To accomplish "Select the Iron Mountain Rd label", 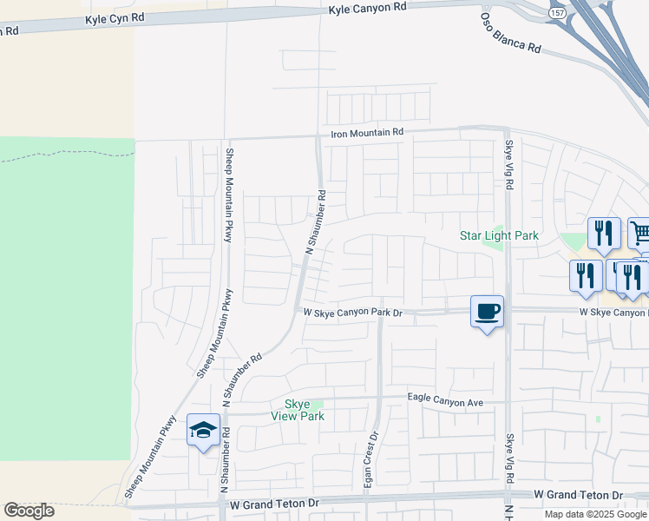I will [x=368, y=132].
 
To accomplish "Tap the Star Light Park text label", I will [x=499, y=235].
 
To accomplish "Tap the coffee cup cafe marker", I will [x=487, y=311].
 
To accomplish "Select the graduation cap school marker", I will [x=203, y=430].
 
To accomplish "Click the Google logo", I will [x=29, y=511].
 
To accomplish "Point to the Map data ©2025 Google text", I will [x=595, y=514].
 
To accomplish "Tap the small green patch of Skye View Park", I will [x=318, y=404].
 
